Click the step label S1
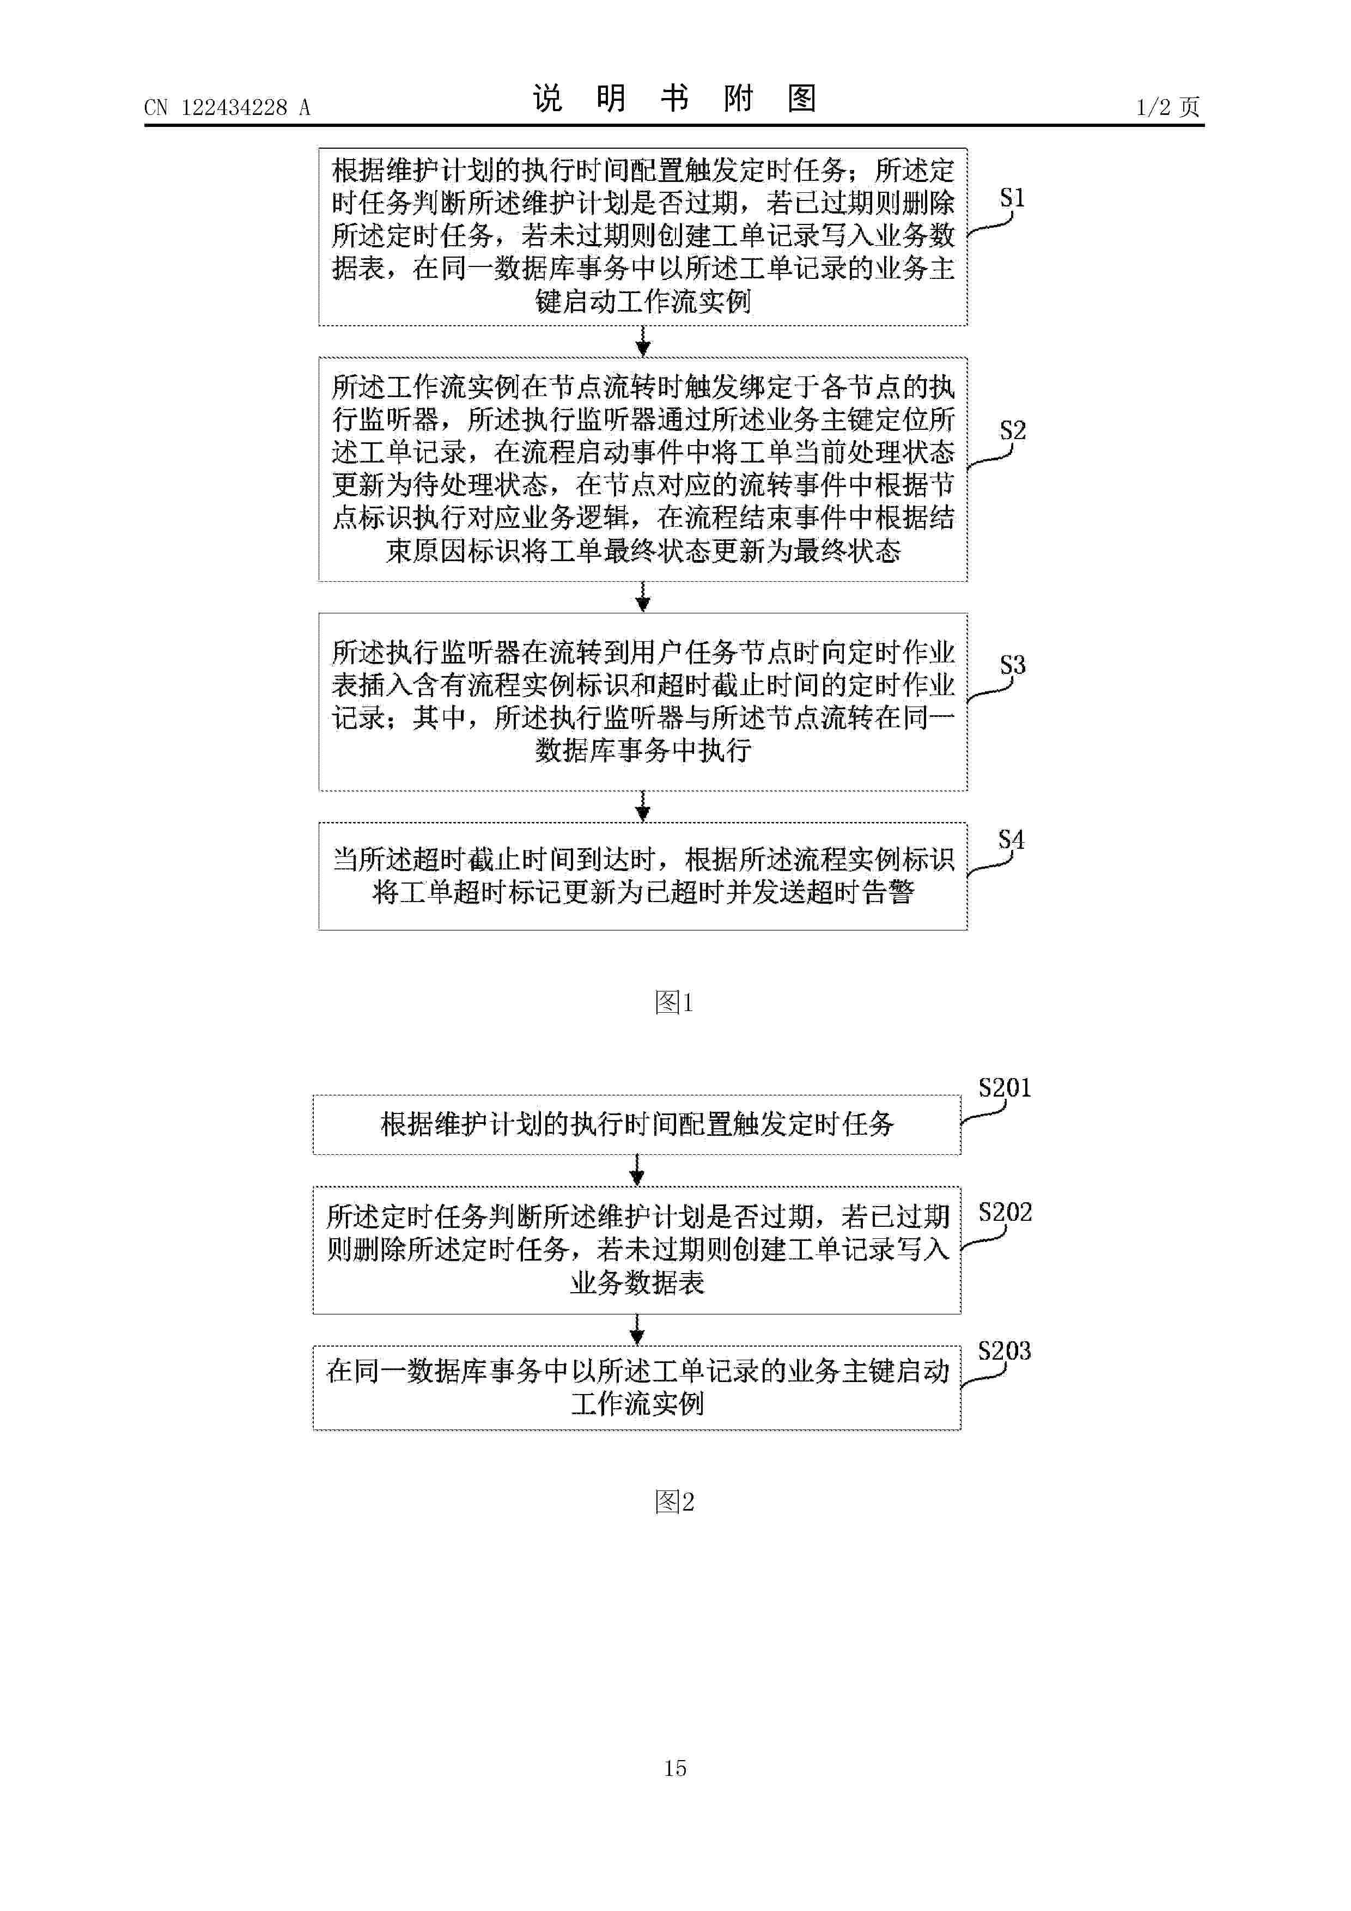click(1012, 198)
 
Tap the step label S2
click(1012, 431)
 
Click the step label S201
click(1005, 1088)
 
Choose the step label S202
click(1005, 1212)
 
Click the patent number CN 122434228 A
click(227, 107)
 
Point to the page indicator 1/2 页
click(1168, 107)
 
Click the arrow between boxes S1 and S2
click(643, 341)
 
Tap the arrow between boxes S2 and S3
click(643, 597)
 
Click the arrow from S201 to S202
click(637, 1170)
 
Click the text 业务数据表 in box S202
click(637, 1282)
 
